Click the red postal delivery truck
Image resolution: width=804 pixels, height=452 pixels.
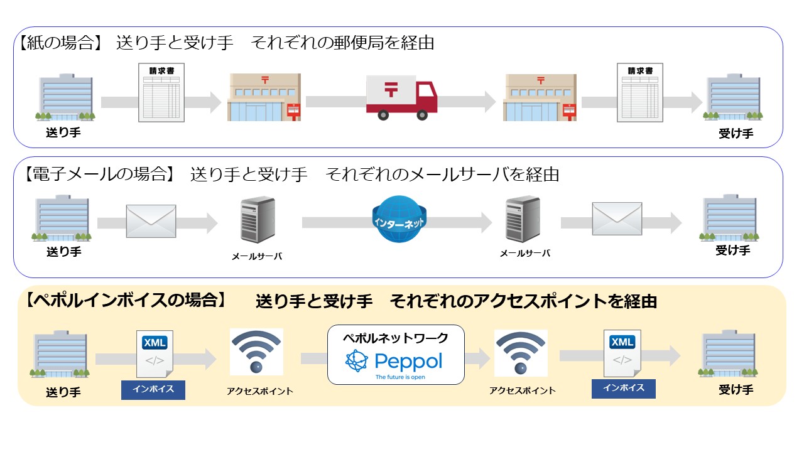(401, 97)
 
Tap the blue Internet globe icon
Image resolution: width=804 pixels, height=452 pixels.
(398, 220)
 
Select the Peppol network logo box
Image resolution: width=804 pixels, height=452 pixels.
(396, 354)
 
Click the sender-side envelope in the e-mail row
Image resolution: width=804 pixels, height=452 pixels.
(151, 221)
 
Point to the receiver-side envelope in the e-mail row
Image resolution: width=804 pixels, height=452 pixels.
(617, 219)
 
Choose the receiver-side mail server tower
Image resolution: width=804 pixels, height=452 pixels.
(523, 220)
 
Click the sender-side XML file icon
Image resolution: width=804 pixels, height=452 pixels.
(155, 354)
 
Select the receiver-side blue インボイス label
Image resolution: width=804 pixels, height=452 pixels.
(623, 389)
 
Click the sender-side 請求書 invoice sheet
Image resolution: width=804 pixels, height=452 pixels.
(161, 94)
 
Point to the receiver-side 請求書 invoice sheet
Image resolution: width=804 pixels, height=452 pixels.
(641, 94)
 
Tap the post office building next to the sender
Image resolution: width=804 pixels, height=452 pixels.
(264, 97)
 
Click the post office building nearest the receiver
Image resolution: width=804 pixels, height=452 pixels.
(540, 97)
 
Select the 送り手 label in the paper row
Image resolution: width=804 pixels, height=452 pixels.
(63, 133)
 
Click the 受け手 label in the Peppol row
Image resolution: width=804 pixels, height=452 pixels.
(736, 390)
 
